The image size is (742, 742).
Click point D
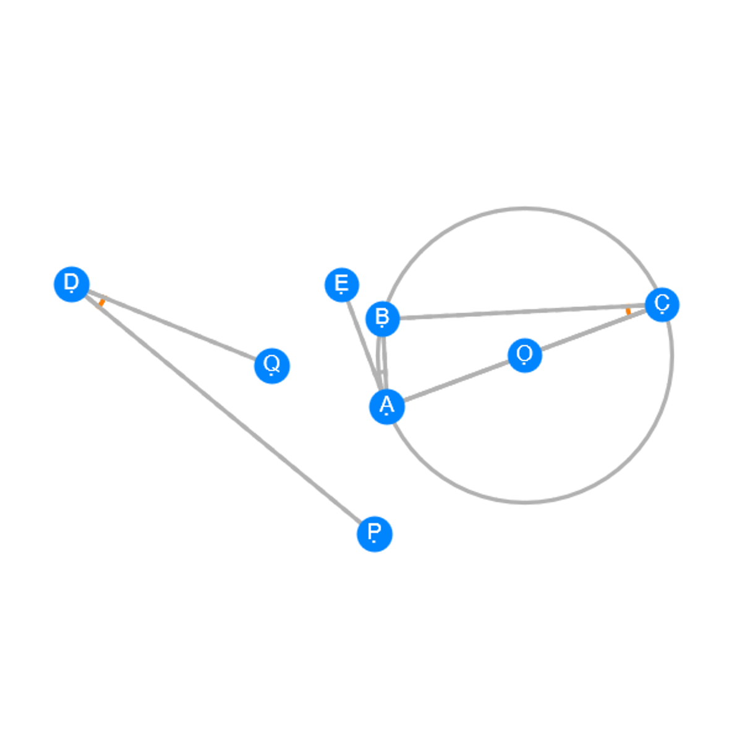pos(72,284)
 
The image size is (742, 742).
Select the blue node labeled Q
pos(272,366)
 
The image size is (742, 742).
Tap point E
pos(342,285)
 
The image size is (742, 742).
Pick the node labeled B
pos(382,319)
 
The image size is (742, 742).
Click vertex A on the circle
pos(387,407)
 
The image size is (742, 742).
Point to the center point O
pos(525,356)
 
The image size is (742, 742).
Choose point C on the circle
pos(662,305)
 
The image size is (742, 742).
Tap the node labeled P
pos(375,534)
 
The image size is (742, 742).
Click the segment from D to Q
pos(172,325)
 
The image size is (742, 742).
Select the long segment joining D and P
pos(223,409)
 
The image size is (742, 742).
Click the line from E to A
pos(364,346)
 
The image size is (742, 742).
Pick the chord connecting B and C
pos(522,312)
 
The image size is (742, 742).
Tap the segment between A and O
pos(456,382)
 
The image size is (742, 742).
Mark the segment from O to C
pos(594,330)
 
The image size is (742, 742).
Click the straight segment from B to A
pos(385,363)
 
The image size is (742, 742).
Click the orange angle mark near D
pos(101,302)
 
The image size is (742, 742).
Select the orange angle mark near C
pos(628,311)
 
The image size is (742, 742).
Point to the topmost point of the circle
pos(525,209)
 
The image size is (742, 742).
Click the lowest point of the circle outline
pos(525,502)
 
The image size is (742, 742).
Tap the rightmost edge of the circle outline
pos(672,356)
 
